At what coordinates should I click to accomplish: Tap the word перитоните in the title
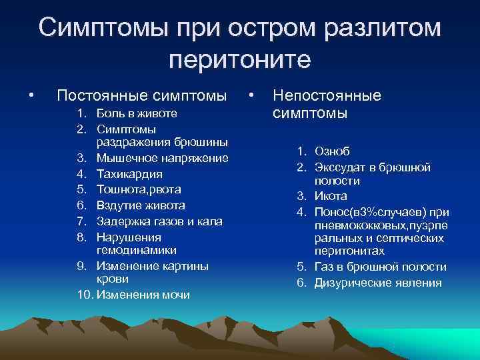point(239,59)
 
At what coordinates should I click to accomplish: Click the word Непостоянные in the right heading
point(327,95)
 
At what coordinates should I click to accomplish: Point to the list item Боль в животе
point(137,113)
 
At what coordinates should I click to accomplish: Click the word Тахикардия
point(129,174)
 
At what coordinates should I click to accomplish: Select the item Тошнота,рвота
point(141,189)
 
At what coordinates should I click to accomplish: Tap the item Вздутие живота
point(141,205)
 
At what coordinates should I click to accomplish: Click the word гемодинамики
point(137,250)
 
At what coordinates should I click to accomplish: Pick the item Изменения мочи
point(143,295)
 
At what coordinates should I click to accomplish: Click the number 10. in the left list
point(84,295)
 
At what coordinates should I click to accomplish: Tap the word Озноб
point(333,151)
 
